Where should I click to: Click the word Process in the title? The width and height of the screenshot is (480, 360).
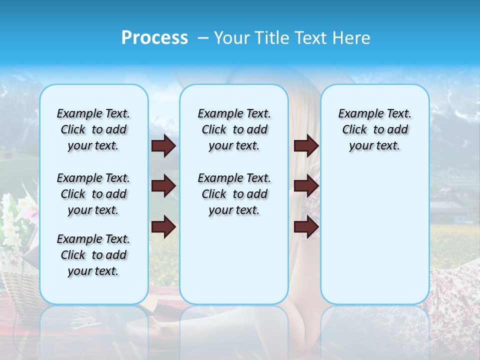tap(154, 38)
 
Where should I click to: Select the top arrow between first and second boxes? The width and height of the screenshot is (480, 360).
tap(163, 146)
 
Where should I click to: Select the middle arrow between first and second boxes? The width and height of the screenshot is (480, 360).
tap(163, 186)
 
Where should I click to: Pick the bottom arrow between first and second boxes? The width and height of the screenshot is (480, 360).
tap(163, 226)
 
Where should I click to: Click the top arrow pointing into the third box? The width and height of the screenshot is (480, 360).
tap(306, 146)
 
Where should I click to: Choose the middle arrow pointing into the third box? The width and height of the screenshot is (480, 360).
tap(306, 186)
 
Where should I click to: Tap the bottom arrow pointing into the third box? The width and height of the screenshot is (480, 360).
tap(306, 226)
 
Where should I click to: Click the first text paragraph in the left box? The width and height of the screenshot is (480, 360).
tap(93, 130)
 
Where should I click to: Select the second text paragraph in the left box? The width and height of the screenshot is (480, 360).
tap(93, 194)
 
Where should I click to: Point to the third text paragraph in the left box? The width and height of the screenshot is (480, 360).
tap(93, 255)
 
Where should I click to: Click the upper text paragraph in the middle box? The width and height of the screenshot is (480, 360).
tap(234, 130)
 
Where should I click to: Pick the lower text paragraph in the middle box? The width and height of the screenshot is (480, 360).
tap(234, 194)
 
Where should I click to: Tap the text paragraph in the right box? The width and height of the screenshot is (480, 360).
tap(374, 130)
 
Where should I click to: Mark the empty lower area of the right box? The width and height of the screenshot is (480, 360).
tap(374, 235)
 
